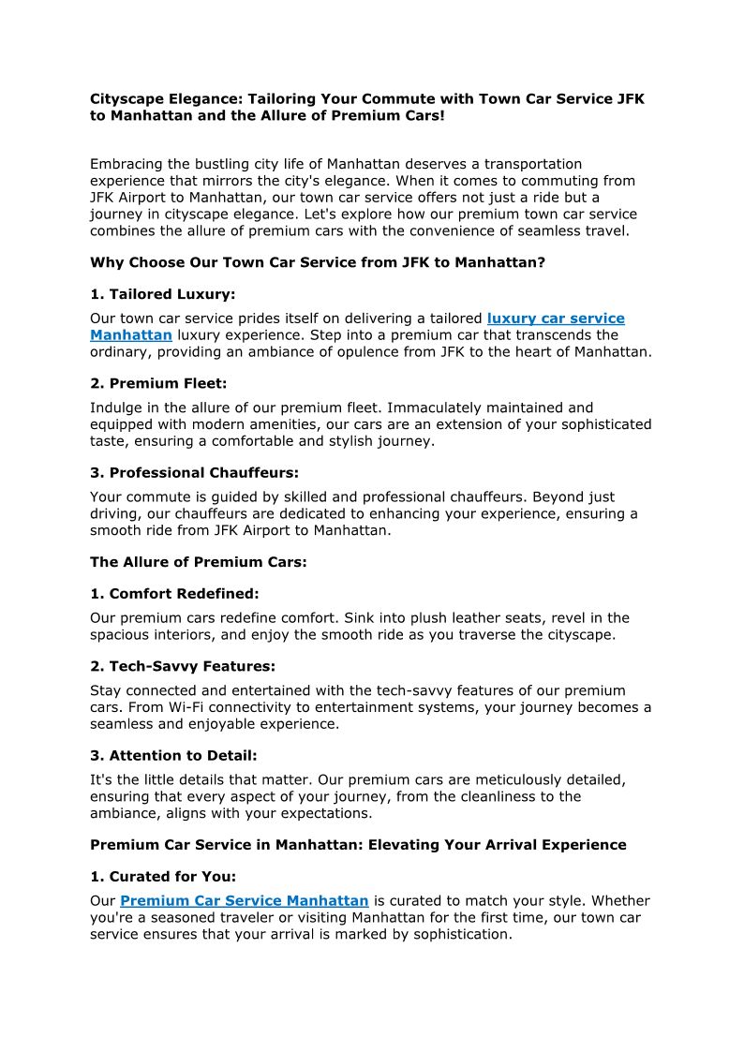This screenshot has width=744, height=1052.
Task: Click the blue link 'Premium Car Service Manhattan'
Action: click(x=245, y=901)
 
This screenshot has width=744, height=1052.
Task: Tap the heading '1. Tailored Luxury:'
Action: click(x=162, y=295)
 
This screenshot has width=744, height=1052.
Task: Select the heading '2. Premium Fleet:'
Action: click(x=158, y=384)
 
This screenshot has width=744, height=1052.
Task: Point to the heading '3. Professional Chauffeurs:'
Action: click(x=194, y=473)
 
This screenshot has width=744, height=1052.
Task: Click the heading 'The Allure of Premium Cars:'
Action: click(x=198, y=562)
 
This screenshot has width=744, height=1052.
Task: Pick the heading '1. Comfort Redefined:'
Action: click(x=174, y=594)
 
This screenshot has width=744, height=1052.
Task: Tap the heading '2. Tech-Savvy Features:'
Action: click(x=182, y=667)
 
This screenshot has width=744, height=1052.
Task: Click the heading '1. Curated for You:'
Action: click(x=163, y=877)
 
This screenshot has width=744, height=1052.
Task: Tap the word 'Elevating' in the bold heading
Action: click(x=402, y=845)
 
